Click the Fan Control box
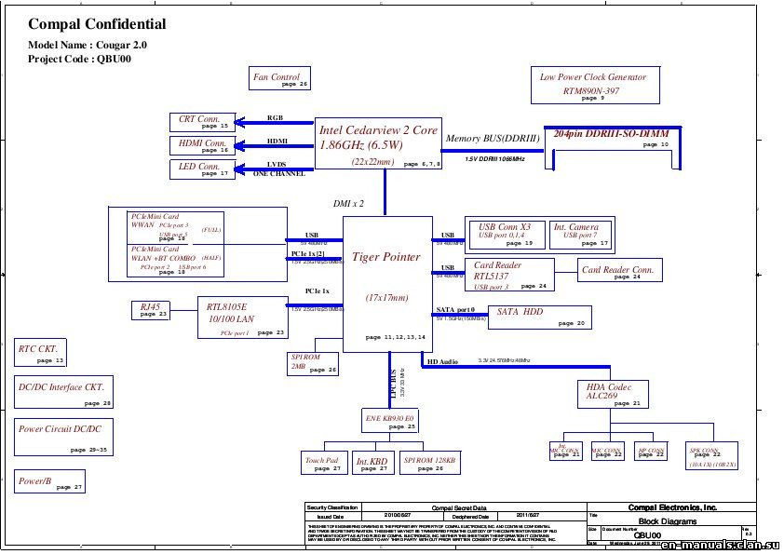coord(278,79)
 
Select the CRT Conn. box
coord(201,121)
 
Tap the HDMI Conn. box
coord(201,144)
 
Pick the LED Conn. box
coord(201,169)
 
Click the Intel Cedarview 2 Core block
coord(377,143)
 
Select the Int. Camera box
coord(581,234)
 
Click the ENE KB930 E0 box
coord(390,421)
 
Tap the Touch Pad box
coord(322,463)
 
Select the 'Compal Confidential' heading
coord(97,25)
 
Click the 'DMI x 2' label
coord(348,202)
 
